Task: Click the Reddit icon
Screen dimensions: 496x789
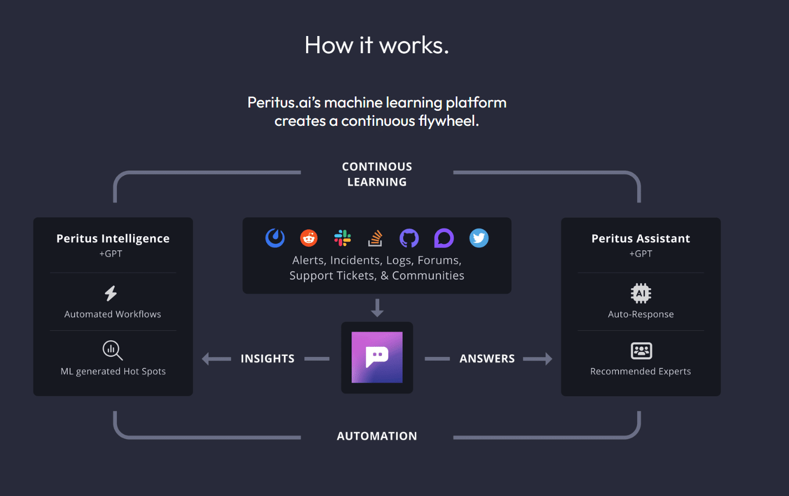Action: pos(309,238)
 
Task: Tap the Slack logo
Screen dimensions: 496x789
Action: pos(343,238)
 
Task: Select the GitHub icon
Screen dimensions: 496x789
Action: pos(409,238)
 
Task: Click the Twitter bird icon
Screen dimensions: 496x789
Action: pos(479,238)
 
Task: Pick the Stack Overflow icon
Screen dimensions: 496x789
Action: pos(376,238)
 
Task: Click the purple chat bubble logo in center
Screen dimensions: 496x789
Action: pos(377,357)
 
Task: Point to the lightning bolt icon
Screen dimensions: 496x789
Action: pos(111,293)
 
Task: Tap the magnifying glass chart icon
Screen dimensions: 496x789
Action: pos(113,350)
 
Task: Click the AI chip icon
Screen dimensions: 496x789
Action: pos(641,293)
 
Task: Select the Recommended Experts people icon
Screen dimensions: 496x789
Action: pos(642,351)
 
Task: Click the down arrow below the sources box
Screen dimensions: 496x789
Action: pos(377,308)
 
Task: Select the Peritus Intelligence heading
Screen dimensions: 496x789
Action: pos(113,238)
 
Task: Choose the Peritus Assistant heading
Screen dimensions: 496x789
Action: pos(641,238)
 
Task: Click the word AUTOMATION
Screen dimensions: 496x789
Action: pos(377,436)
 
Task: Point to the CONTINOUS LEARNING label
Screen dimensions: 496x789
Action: pos(377,174)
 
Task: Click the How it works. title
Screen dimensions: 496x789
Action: pos(377,45)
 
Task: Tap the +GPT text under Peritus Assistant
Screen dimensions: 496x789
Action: pos(641,254)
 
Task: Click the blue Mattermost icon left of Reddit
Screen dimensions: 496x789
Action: pos(275,238)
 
